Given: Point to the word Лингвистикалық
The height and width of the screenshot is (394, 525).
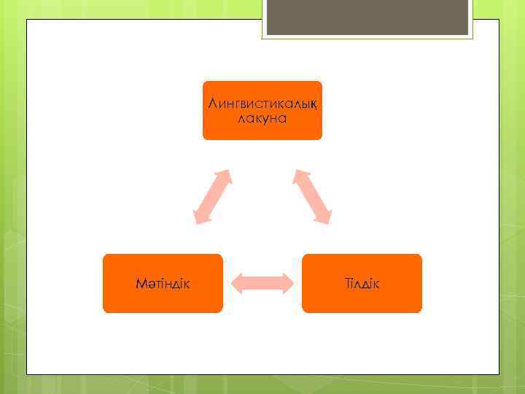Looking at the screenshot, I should coord(262,104).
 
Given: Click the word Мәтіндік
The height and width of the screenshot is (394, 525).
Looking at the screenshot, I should coord(163,283).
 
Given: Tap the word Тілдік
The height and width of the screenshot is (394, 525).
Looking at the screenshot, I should coord(362,283).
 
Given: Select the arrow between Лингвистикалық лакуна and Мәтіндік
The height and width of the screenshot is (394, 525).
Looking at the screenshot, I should coord(212,196).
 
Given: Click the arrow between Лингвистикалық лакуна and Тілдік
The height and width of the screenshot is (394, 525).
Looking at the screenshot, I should coord(312,196).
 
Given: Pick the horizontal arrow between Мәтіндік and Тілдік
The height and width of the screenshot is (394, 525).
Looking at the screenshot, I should coord(262,283).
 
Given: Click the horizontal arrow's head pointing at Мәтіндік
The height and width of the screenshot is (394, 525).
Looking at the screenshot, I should coord(237,283).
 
